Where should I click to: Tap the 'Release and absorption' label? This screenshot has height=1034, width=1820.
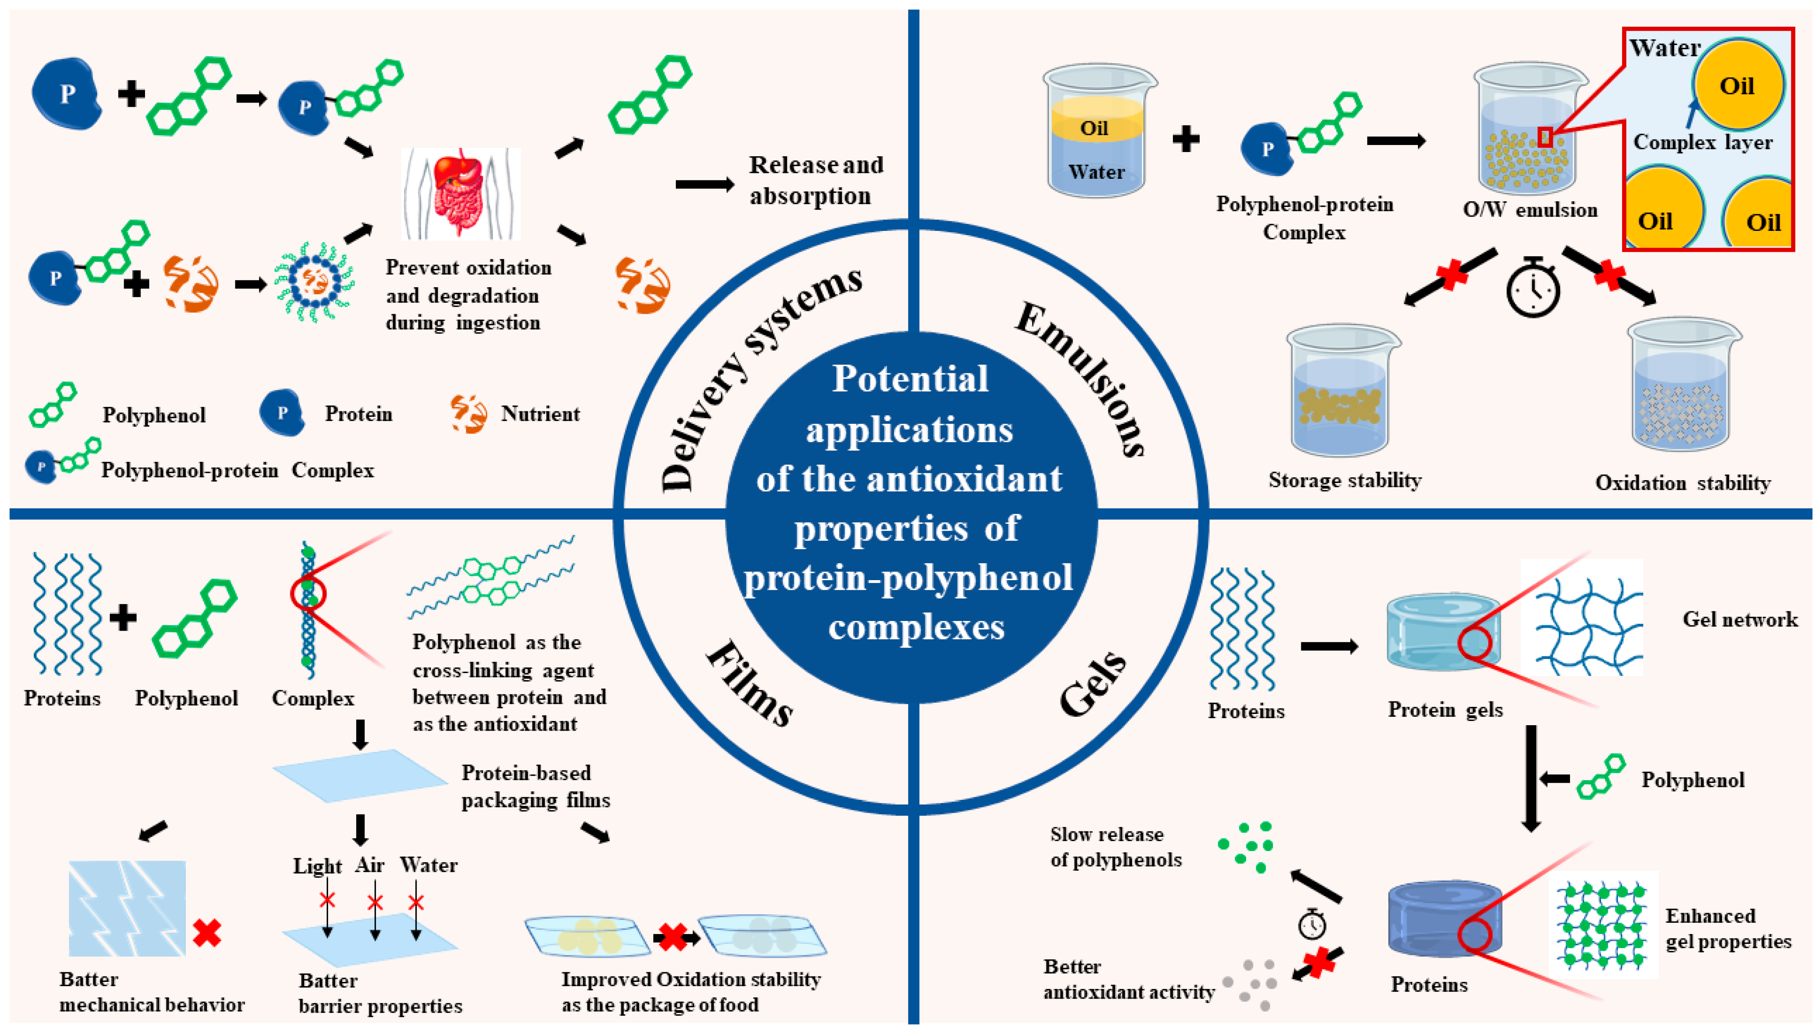(815, 180)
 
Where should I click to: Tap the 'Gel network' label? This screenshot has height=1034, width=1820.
(1739, 619)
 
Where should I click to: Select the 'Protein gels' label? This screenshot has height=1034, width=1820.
(1445, 709)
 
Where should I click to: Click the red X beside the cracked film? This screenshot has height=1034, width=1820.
(207, 932)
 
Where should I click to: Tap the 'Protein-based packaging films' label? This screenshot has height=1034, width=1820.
(535, 786)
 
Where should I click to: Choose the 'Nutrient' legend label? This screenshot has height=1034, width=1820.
(540, 414)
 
